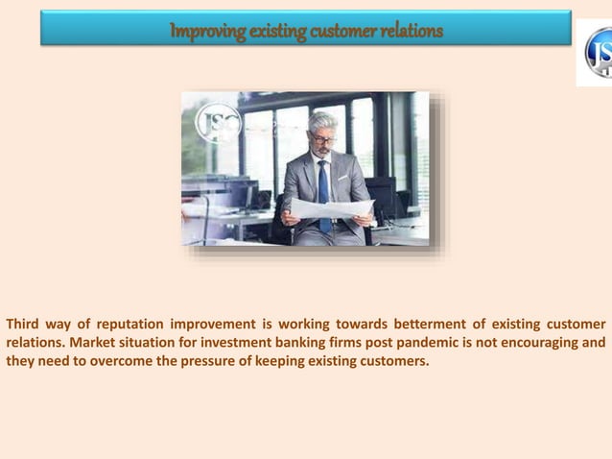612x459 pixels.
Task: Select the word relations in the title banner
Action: click(412, 31)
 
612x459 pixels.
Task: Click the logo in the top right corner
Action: click(597, 53)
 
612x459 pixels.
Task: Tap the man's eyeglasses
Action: click(323, 140)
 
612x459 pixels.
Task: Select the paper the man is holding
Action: click(331, 207)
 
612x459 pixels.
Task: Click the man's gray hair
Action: click(324, 121)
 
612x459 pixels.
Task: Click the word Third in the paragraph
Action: click(26, 323)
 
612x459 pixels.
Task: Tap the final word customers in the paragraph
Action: click(393, 361)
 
